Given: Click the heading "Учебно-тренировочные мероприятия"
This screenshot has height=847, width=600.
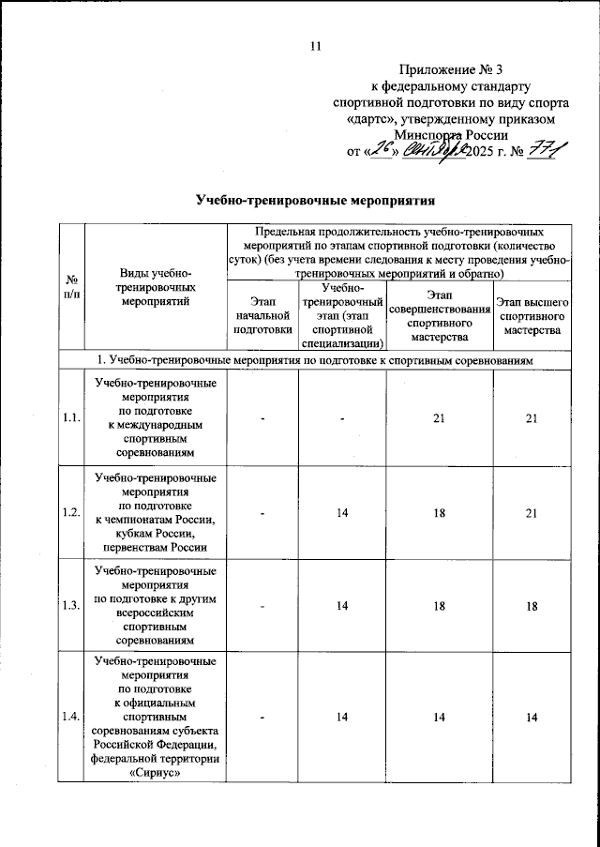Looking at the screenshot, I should (x=316, y=200).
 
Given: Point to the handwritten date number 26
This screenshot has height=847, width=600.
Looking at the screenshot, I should (x=379, y=149).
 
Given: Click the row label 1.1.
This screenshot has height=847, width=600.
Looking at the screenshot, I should (x=71, y=418).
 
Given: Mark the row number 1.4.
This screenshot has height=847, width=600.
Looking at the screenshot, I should (x=71, y=718).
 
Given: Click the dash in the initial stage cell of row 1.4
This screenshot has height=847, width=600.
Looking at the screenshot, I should (x=263, y=718).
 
